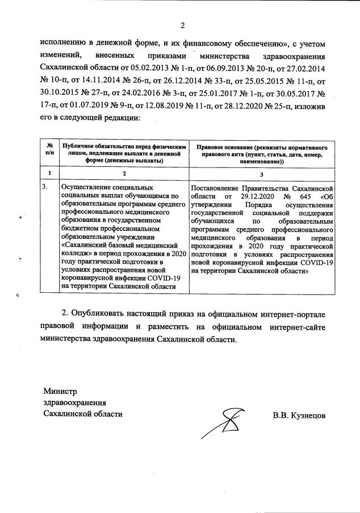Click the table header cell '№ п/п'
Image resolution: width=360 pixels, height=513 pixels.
pyautogui.click(x=50, y=150)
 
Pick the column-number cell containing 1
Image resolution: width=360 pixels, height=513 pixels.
pyautogui.click(x=50, y=173)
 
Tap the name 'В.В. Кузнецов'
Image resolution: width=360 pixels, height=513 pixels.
pyautogui.click(x=299, y=415)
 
